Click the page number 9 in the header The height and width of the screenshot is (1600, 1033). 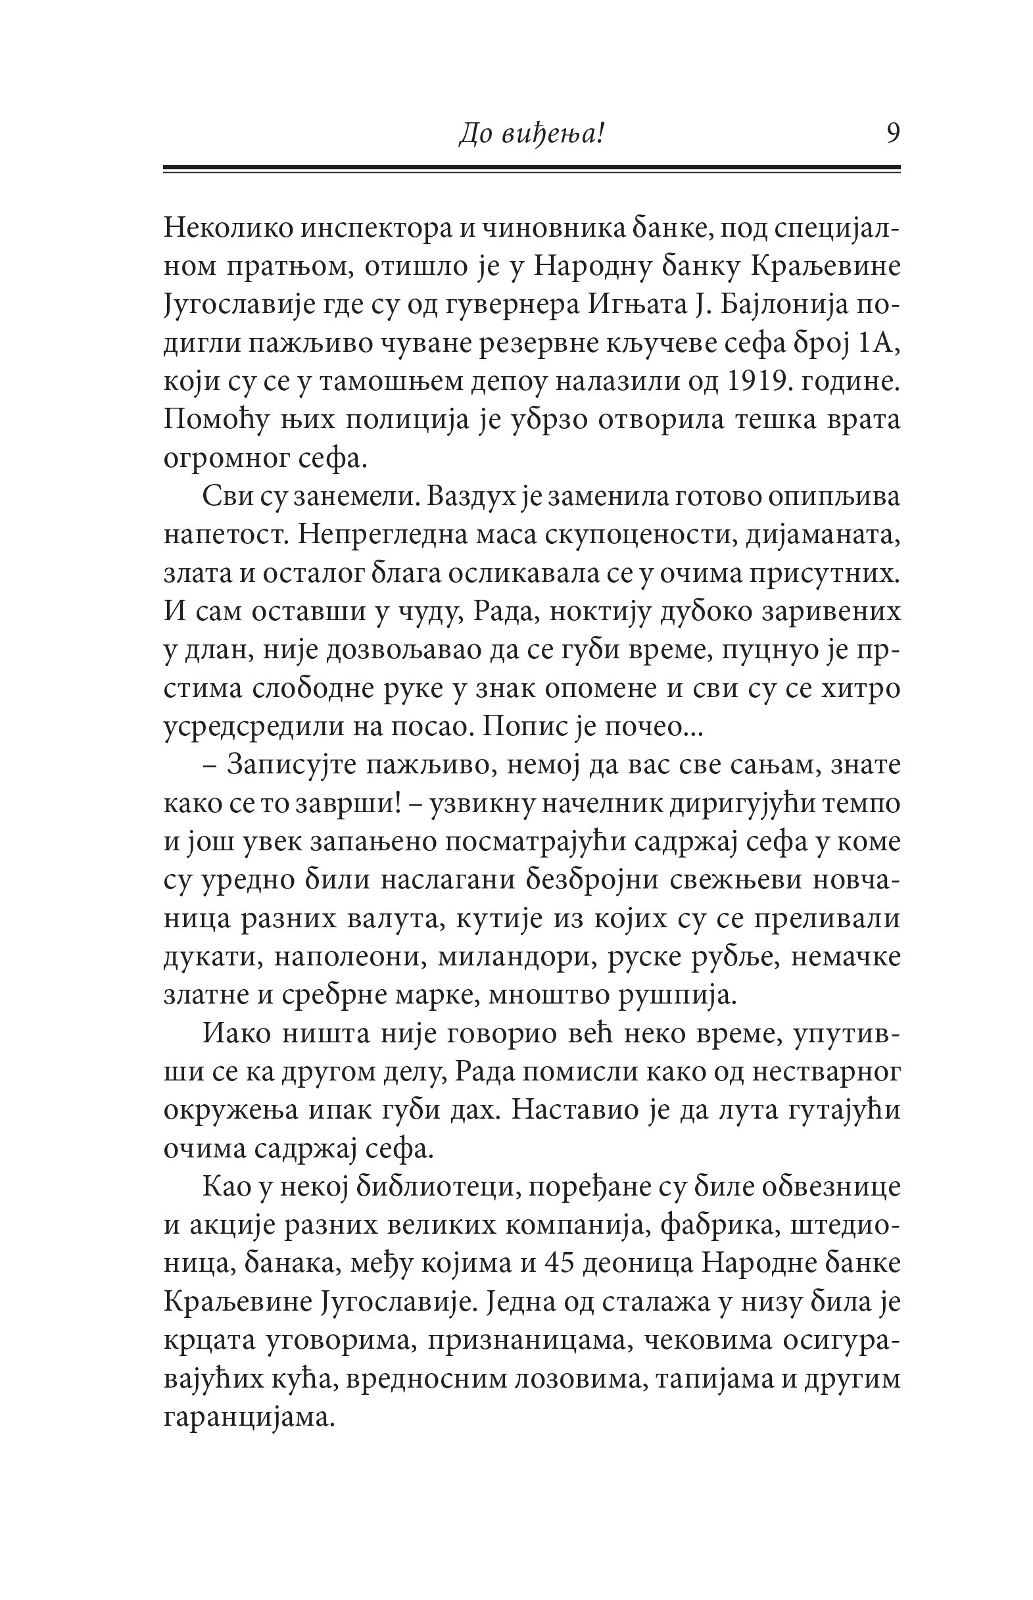pos(892,133)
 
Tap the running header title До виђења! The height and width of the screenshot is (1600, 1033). pos(532,135)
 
